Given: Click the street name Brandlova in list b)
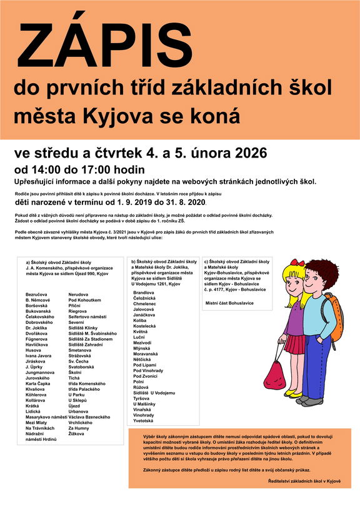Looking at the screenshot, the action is pyautogui.click(x=144, y=292).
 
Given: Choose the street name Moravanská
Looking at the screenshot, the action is pyautogui.click(x=147, y=353).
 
